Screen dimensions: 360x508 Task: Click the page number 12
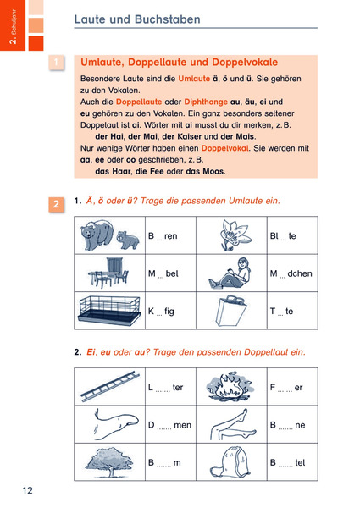[28, 490]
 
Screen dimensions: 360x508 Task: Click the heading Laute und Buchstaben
[137, 19]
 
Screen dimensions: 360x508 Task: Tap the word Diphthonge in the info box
[206, 102]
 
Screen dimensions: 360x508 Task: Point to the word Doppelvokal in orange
[224, 148]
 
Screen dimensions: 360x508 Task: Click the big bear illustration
[97, 235]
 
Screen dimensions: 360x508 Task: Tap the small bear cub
[128, 240]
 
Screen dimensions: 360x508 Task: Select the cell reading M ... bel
[171, 273]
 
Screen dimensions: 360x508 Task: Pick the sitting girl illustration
[230, 273]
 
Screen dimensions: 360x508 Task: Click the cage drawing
[110, 311]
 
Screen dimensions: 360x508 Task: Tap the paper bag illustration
[232, 311]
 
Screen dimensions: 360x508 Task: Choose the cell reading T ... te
[292, 311]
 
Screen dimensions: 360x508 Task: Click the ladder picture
[110, 386]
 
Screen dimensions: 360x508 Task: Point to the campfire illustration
[230, 386]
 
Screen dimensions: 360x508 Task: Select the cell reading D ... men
[171, 424]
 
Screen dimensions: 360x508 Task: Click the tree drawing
[109, 461]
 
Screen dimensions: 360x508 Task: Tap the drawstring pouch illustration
[230, 461]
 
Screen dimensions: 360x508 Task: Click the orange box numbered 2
[56, 204]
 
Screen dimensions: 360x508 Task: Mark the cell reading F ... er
[292, 387]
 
